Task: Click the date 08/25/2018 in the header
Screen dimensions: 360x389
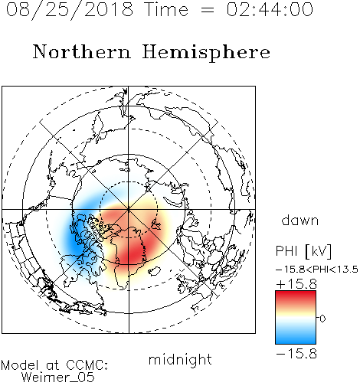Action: click(x=70, y=10)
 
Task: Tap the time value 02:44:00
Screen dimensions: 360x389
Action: click(x=270, y=9)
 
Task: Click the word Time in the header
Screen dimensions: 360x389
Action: click(x=166, y=9)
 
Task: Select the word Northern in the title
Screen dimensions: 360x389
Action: click(x=82, y=51)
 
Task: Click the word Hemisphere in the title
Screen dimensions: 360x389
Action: click(x=206, y=53)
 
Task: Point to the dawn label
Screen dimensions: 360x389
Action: click(x=300, y=221)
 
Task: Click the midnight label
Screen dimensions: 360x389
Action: click(x=180, y=360)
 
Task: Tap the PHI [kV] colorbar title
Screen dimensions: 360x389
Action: click(x=303, y=251)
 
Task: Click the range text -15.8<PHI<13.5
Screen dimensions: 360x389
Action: click(x=317, y=270)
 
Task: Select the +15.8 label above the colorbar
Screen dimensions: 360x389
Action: click(x=296, y=284)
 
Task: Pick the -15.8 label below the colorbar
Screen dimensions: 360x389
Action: click(x=296, y=354)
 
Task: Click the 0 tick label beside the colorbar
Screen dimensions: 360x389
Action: click(x=322, y=319)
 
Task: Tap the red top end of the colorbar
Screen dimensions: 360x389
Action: click(x=296, y=293)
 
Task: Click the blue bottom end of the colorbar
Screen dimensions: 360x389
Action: click(x=296, y=341)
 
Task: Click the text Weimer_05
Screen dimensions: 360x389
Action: click(x=58, y=377)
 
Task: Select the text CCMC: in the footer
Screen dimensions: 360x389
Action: click(x=87, y=365)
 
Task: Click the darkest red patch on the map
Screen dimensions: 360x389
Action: click(x=132, y=253)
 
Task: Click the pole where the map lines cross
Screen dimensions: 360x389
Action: click(x=129, y=209)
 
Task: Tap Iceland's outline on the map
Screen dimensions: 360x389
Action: click(x=155, y=271)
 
